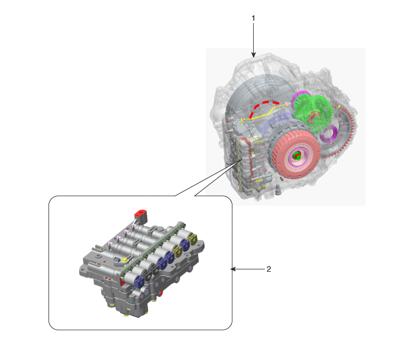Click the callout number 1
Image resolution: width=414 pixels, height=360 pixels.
coord(254,18)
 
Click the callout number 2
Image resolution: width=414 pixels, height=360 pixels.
coord(269,269)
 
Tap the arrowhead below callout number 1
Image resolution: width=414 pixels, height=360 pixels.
coord(254,54)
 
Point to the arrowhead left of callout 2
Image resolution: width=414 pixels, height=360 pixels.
coord(233,269)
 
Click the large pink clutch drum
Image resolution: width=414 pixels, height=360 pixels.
coord(296,155)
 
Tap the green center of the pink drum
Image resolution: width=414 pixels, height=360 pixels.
coord(297,155)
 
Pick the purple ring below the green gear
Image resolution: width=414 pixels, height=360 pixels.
coord(329,134)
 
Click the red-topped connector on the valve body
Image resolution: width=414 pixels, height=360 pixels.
coord(141,214)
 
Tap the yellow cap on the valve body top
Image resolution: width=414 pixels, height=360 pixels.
coord(124,260)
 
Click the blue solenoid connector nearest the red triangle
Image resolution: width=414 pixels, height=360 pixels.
coord(139,281)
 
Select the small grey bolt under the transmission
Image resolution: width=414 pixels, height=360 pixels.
coord(278,190)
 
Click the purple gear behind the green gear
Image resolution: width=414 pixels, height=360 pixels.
coord(300,97)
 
